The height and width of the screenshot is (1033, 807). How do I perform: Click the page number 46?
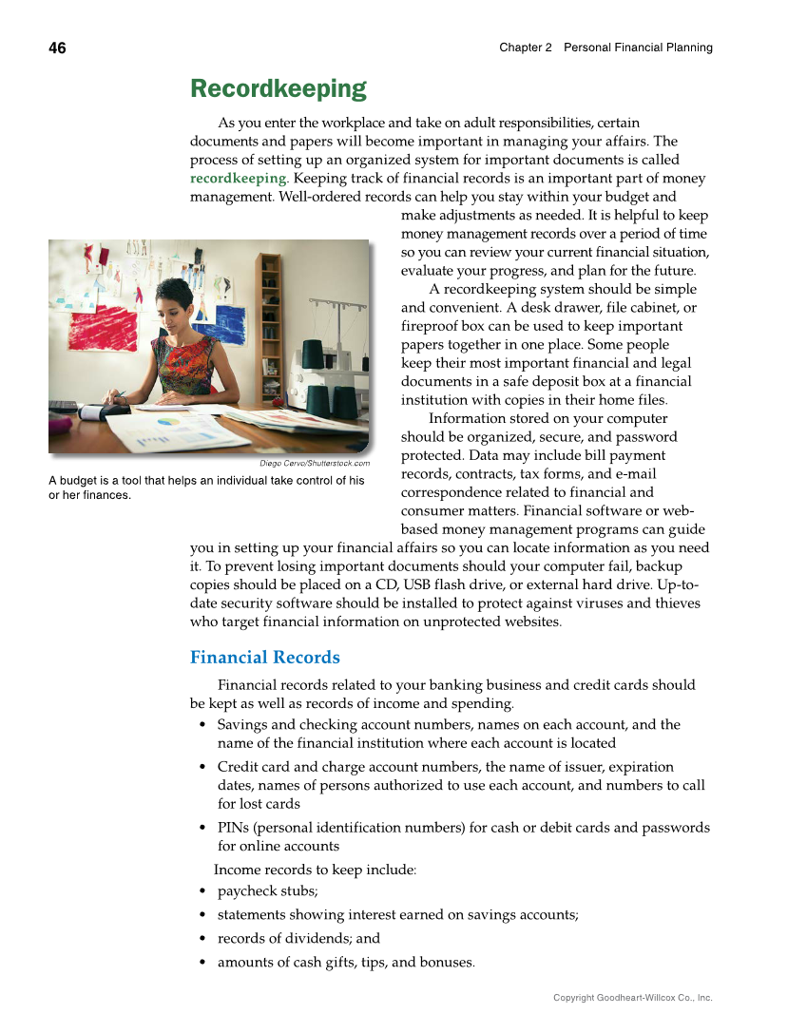[58, 48]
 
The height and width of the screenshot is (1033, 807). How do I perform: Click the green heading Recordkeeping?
[278, 89]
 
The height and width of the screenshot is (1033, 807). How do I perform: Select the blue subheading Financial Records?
[264, 658]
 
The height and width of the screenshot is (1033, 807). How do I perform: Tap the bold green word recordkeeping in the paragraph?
[238, 178]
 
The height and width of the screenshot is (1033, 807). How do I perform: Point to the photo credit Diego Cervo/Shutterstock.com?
[315, 463]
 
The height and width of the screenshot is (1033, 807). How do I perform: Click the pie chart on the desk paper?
[168, 421]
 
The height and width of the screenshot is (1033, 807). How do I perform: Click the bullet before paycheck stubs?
[203, 892]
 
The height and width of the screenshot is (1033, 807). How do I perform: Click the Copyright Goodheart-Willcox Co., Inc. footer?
[632, 998]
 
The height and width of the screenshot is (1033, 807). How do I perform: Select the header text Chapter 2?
[525, 48]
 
